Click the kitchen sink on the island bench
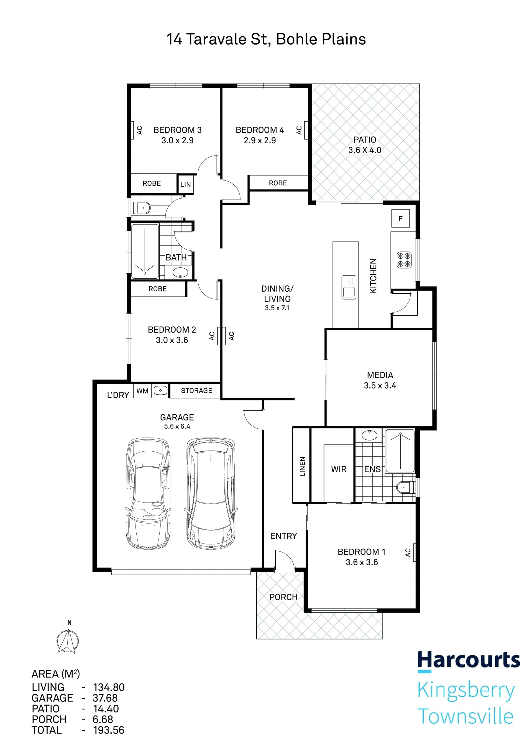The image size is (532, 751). click(349, 287)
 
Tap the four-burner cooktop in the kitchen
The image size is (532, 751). click(404, 260)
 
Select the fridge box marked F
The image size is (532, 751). click(400, 218)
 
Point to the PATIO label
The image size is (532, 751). click(365, 140)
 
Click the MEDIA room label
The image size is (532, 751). click(380, 375)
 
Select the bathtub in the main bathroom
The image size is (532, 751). click(145, 251)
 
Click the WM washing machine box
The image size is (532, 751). click(142, 390)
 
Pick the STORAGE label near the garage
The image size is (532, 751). click(196, 390)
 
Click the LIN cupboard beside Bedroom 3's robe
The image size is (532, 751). click(185, 184)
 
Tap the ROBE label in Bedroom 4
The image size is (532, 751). click(278, 183)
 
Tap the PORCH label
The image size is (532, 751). click(283, 597)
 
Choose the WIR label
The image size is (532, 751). click(339, 469)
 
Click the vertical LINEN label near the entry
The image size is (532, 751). click(302, 467)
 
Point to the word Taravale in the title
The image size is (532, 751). click(216, 39)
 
